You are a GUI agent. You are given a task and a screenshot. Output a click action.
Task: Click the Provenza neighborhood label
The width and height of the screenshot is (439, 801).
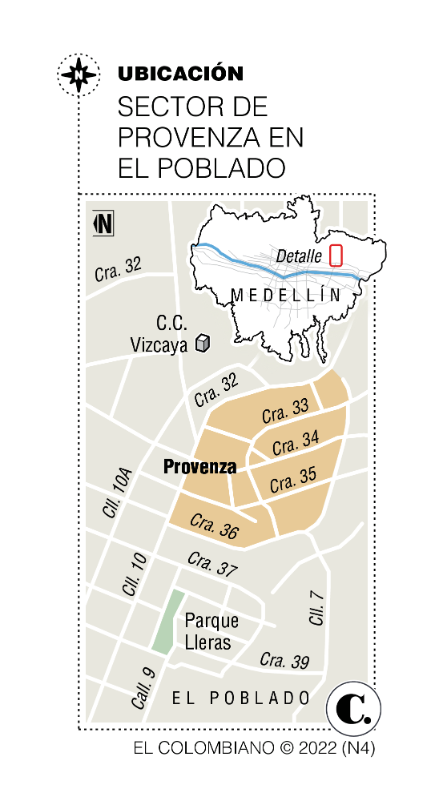(x=199, y=466)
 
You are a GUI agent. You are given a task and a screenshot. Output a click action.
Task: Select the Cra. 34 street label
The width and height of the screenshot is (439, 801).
(x=295, y=443)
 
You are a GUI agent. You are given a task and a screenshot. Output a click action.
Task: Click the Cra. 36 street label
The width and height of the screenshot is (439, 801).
(x=214, y=525)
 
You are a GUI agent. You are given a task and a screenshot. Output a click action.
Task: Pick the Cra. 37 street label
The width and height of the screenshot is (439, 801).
(x=212, y=564)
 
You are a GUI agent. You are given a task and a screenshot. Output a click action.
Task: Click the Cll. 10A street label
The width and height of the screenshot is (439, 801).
(x=117, y=493)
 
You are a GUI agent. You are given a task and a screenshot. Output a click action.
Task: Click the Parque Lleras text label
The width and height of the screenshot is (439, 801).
(x=210, y=631)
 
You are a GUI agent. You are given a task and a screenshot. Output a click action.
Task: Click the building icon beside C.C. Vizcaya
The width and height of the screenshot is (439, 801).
(x=203, y=344)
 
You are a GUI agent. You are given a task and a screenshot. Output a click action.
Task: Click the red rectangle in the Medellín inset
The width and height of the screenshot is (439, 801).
(x=336, y=256)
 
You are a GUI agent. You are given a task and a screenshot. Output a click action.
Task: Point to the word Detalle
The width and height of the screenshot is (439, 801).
(x=299, y=256)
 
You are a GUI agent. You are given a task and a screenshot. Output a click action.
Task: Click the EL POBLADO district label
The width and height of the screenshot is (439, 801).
(x=241, y=698)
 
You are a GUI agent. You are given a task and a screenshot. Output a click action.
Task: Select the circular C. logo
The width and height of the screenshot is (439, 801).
(x=353, y=709)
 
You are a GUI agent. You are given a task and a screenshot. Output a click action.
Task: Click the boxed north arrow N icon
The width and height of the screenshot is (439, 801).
(x=103, y=223)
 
